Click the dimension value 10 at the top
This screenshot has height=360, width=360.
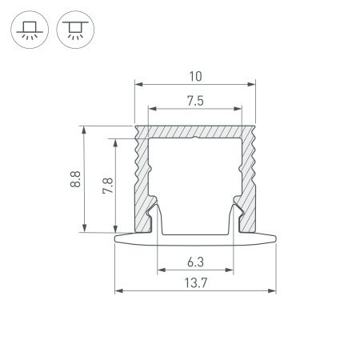pyautogui.click(x=194, y=76)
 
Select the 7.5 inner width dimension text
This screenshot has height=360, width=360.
pyautogui.click(x=194, y=101)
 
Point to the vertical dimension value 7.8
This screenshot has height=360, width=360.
pyautogui.click(x=107, y=186)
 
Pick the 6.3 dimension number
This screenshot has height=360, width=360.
pyautogui.click(x=194, y=261)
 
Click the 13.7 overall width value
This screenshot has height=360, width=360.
pyautogui.click(x=194, y=282)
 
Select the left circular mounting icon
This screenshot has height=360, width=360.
pyautogui.click(x=28, y=30)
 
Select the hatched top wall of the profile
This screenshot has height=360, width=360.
pyautogui.click(x=194, y=130)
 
